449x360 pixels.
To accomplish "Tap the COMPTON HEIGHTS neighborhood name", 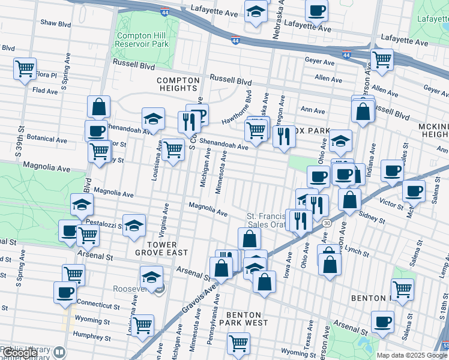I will pos(178,84).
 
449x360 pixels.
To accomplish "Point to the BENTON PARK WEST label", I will pos(244,319).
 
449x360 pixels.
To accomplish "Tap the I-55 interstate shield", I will pos(444,346).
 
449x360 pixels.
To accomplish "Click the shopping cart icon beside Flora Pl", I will pos(25,69).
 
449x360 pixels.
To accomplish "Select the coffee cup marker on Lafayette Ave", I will pos(316,10).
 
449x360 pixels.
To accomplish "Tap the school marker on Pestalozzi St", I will pos(134,225).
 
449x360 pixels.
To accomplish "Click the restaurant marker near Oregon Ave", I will pos(284,136).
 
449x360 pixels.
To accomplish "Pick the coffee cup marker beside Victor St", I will pos(414,191).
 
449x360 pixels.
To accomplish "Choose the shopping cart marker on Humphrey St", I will pos(143,326).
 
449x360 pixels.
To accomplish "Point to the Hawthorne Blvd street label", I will pos(246,104).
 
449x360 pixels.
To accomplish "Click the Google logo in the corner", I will pos(20,353).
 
